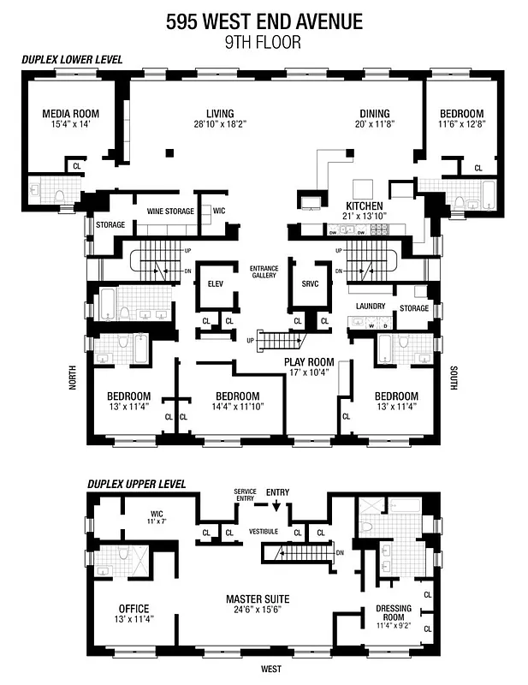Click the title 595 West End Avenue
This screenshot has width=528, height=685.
pos(264,21)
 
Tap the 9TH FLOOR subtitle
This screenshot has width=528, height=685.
pos(264,41)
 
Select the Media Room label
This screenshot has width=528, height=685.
pos(71,113)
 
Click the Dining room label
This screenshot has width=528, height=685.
pos(374,113)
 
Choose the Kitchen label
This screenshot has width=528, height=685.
pos(364,206)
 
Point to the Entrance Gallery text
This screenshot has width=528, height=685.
pos(264,271)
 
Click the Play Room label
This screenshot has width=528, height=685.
pos(309,361)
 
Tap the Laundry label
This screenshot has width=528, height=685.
pos(371,306)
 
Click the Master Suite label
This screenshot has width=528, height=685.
pos(257,598)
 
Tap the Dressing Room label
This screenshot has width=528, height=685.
pos(393,613)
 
